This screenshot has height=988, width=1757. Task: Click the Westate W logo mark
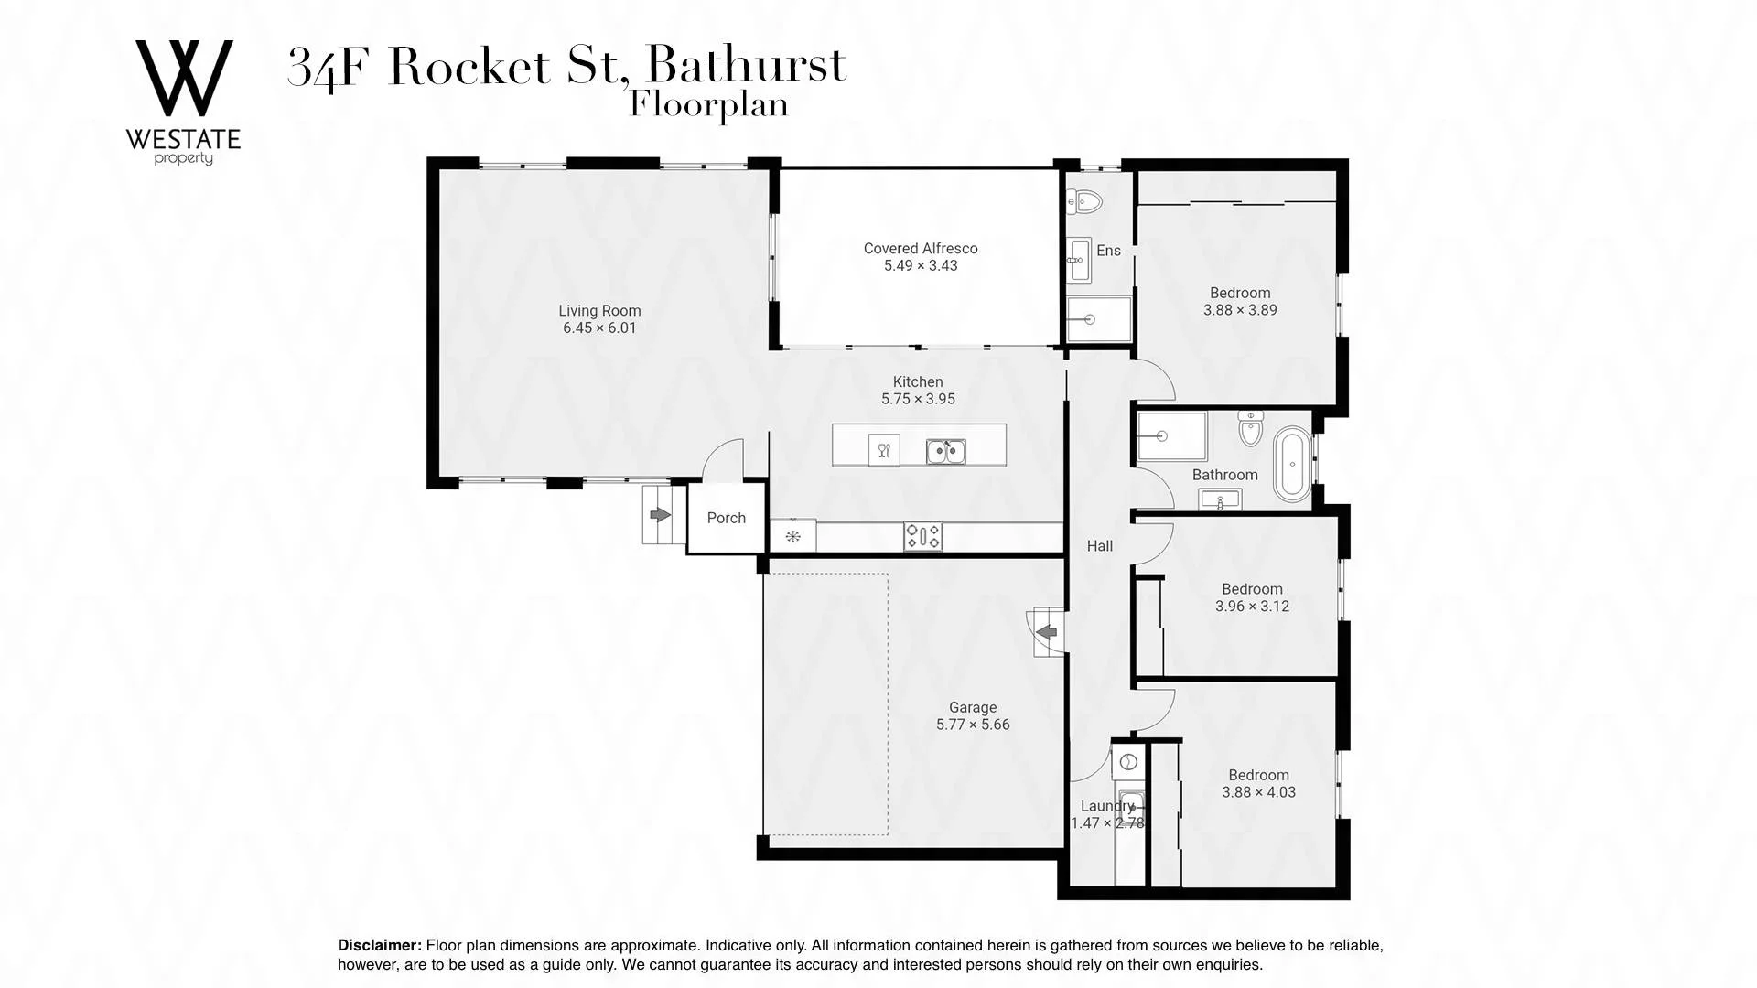click(x=184, y=78)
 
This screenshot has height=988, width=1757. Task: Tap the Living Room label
click(x=599, y=311)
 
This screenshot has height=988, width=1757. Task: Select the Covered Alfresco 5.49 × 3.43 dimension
click(x=921, y=266)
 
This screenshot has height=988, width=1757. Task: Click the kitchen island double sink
click(x=945, y=451)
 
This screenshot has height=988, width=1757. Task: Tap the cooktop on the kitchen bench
click(x=922, y=536)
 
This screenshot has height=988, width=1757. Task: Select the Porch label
click(x=727, y=518)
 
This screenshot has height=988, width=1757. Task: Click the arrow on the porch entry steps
click(x=660, y=515)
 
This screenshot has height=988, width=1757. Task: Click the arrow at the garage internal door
click(x=1046, y=631)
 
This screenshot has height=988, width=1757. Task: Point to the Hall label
click(x=1100, y=546)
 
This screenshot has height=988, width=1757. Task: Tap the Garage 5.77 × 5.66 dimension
click(x=973, y=725)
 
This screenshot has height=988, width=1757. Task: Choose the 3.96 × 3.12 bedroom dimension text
click(x=1252, y=607)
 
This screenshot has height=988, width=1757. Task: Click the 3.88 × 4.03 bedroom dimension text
click(x=1259, y=792)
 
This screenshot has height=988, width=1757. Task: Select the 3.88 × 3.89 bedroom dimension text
click(x=1240, y=310)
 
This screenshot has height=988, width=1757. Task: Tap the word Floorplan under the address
click(x=709, y=105)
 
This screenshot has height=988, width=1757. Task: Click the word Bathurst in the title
click(x=746, y=66)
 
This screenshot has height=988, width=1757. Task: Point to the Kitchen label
click(x=918, y=382)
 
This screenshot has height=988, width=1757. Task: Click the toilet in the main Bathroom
click(x=1251, y=428)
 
